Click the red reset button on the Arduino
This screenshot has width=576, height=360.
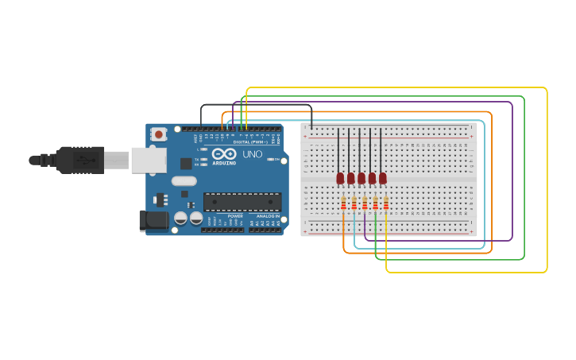click(159, 134)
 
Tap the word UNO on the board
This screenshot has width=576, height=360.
click(253, 154)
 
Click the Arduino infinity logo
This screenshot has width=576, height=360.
click(224, 153)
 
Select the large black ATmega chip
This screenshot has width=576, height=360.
click(242, 202)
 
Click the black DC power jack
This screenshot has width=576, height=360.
click(153, 220)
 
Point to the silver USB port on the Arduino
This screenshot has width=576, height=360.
click(149, 160)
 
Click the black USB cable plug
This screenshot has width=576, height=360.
click(79, 160)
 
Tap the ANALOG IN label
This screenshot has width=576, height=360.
click(265, 216)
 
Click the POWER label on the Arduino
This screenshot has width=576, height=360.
click(236, 216)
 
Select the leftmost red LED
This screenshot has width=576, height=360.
click(341, 178)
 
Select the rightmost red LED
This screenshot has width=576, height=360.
click(383, 178)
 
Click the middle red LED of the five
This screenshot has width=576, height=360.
click(361, 178)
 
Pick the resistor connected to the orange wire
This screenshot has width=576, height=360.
click(343, 204)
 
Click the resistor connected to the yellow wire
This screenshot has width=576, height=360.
click(386, 204)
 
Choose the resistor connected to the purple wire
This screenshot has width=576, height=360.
click(365, 204)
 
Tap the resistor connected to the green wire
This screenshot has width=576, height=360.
click(376, 204)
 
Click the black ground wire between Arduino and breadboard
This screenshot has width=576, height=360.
click(254, 105)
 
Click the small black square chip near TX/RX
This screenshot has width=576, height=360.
click(186, 164)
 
